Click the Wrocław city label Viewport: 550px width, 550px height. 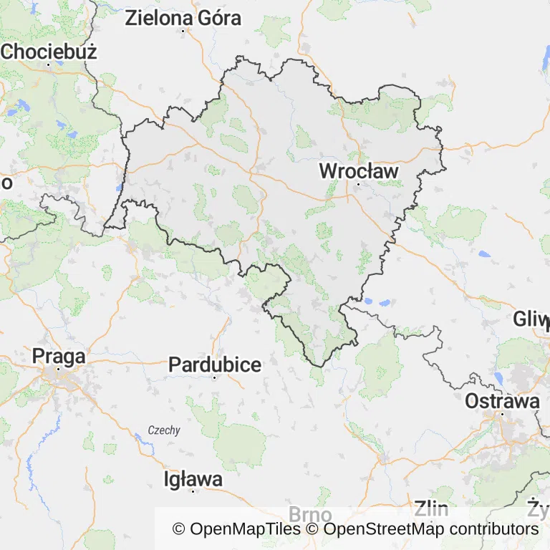click(358, 171)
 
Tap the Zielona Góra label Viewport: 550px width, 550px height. click(183, 19)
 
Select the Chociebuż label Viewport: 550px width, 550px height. click(49, 52)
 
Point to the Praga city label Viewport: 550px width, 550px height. click(59, 356)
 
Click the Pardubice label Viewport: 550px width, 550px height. click(215, 365)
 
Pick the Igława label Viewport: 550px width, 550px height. click(193, 478)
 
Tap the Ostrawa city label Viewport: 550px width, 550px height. click(502, 401)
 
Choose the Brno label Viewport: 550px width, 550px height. click(310, 515)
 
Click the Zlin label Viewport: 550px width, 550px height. click(431, 510)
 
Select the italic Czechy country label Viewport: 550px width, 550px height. click(164, 430)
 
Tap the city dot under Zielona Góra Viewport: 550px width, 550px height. click(183, 31)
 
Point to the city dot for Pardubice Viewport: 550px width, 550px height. click(215, 377)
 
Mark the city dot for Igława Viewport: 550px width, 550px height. click(193, 491)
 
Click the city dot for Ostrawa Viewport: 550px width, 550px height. click(502, 413)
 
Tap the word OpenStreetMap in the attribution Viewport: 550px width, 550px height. click(383, 529)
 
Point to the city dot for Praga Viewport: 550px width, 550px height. click(59, 369)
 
